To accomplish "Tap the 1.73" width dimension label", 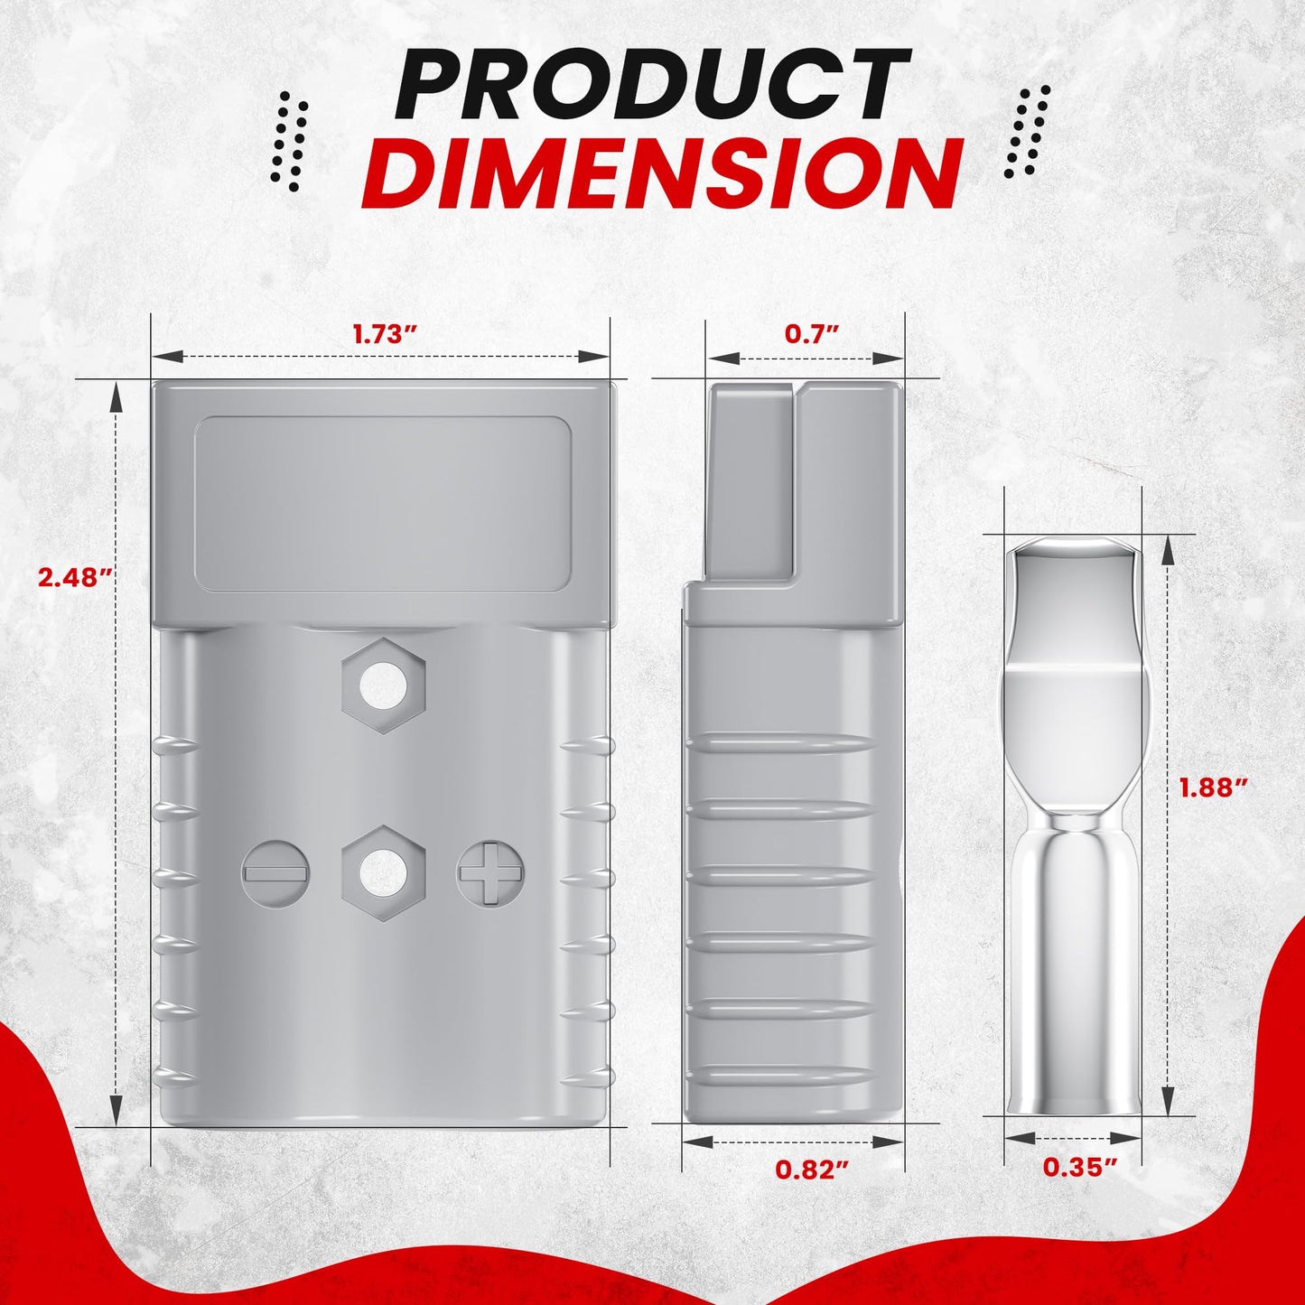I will pos(384,334).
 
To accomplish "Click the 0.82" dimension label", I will pos(812,1169).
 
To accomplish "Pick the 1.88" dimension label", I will pos(1214,788).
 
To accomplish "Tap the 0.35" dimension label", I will pos(1080,1167).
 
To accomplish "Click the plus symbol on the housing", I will pos(489,873).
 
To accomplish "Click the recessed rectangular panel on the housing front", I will pos(383,504).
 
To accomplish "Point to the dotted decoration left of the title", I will pos(291,140).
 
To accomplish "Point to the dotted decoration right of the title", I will pos(1028,131).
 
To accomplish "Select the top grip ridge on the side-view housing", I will pos(782,743).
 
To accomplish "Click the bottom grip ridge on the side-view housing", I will pos(782,1076).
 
